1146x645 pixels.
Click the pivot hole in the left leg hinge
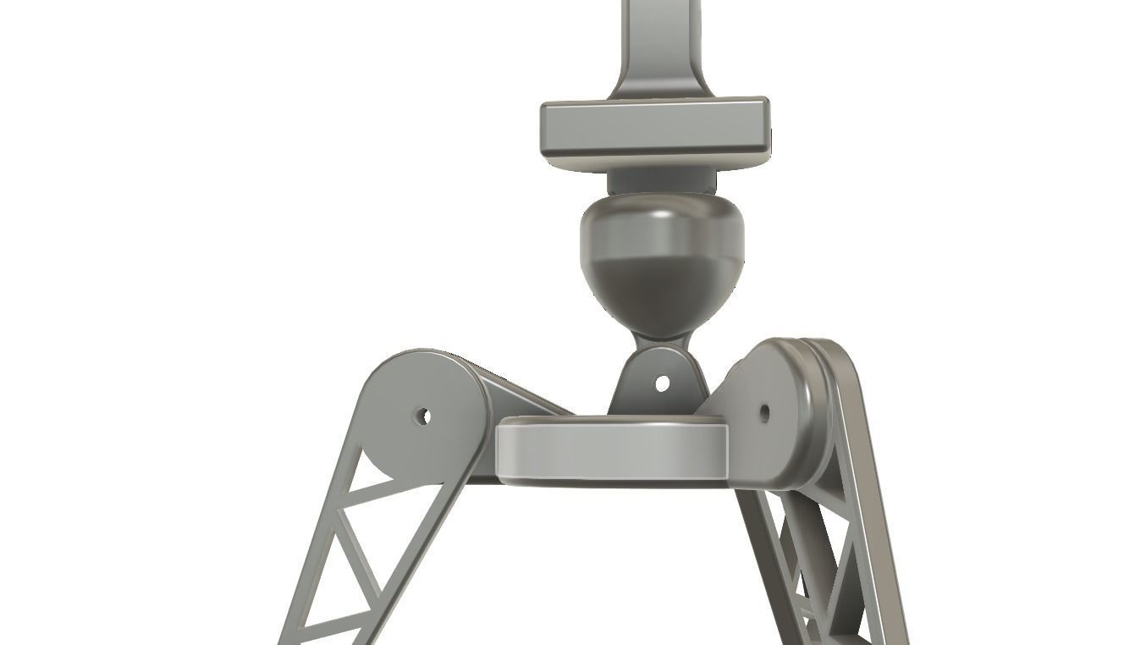[x=425, y=416]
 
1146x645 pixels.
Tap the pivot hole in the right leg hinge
[x=764, y=413]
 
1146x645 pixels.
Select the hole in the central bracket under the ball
[x=662, y=383]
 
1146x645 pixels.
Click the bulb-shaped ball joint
[x=661, y=262]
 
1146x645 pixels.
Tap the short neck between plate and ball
[x=661, y=181]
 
